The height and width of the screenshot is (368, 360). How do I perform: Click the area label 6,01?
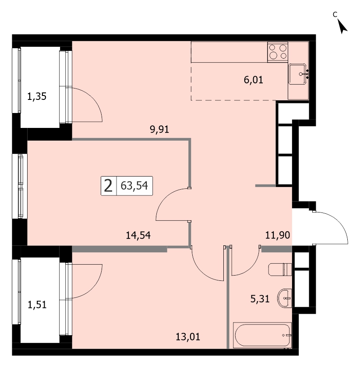click(x=254, y=80)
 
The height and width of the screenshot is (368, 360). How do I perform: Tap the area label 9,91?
click(x=159, y=129)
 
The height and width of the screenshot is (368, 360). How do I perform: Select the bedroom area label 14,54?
click(x=138, y=235)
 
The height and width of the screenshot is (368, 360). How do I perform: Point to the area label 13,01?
click(x=188, y=337)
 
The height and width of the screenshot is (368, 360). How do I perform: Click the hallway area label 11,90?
click(x=278, y=235)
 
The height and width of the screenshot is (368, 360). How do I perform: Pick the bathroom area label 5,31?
click(x=260, y=299)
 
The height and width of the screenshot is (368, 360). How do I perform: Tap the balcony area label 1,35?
click(x=37, y=96)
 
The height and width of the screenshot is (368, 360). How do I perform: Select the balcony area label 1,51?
click(x=37, y=305)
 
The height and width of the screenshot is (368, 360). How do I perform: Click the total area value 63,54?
click(x=134, y=186)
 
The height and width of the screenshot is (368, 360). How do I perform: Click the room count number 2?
click(x=108, y=186)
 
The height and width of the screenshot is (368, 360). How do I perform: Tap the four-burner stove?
click(x=278, y=52)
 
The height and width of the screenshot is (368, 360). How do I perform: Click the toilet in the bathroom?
click(x=280, y=269)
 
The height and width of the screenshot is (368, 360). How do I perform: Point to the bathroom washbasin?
click(x=284, y=298)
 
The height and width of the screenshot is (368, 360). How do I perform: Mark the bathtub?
click(x=262, y=335)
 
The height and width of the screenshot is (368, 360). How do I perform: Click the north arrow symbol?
click(x=342, y=26)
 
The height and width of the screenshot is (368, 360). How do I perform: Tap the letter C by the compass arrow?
click(x=335, y=14)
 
